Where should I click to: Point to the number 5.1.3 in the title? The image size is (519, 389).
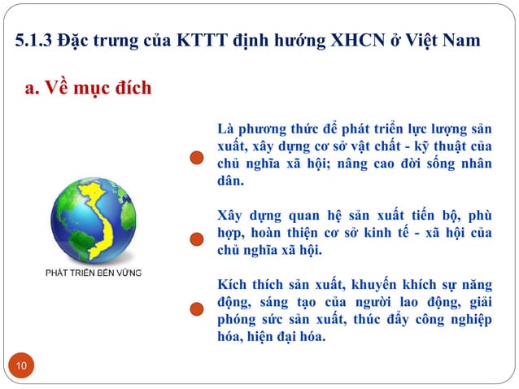point(35,40)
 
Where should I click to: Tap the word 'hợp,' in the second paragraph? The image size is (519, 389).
point(234,234)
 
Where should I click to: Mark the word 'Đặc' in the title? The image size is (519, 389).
point(76,40)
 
